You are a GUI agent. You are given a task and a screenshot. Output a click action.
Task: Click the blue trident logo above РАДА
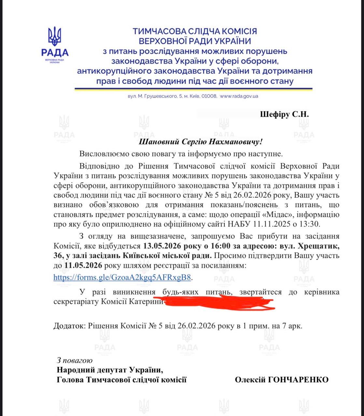pyautogui.click(x=55, y=36)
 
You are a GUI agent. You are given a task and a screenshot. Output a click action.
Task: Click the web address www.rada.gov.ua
pyautogui.click(x=239, y=96)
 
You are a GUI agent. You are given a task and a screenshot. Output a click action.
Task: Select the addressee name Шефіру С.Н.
pyautogui.click(x=285, y=114)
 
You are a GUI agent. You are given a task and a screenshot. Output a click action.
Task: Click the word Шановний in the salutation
pyautogui.click(x=158, y=142)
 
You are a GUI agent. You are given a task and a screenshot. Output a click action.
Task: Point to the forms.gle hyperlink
pyautogui.click(x=122, y=277)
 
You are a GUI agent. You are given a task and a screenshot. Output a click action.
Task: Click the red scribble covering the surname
pyautogui.click(x=218, y=303)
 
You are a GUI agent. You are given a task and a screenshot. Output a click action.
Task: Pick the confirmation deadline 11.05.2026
pyautogui.click(x=83, y=266)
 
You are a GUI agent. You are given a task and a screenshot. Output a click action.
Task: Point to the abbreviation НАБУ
pyautogui.click(x=243, y=224)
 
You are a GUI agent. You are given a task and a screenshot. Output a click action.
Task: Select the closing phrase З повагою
pyautogui.click(x=75, y=360)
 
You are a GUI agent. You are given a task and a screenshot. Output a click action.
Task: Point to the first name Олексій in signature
pyautogui.click(x=250, y=380)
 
